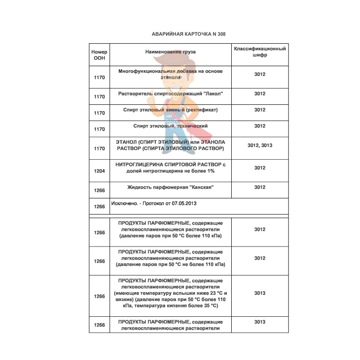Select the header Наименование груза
[x=170, y=52]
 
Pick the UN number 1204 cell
[x=99, y=171]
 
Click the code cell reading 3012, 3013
[x=260, y=145]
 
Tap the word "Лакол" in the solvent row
[x=213, y=94]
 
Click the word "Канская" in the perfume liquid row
[x=200, y=187]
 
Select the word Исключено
[x=124, y=203]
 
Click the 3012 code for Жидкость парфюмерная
[x=260, y=187]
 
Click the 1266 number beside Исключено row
[x=99, y=207]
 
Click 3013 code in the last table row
[x=260, y=322]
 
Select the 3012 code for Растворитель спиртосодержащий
[x=260, y=94]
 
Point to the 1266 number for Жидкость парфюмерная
[x=99, y=190]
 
